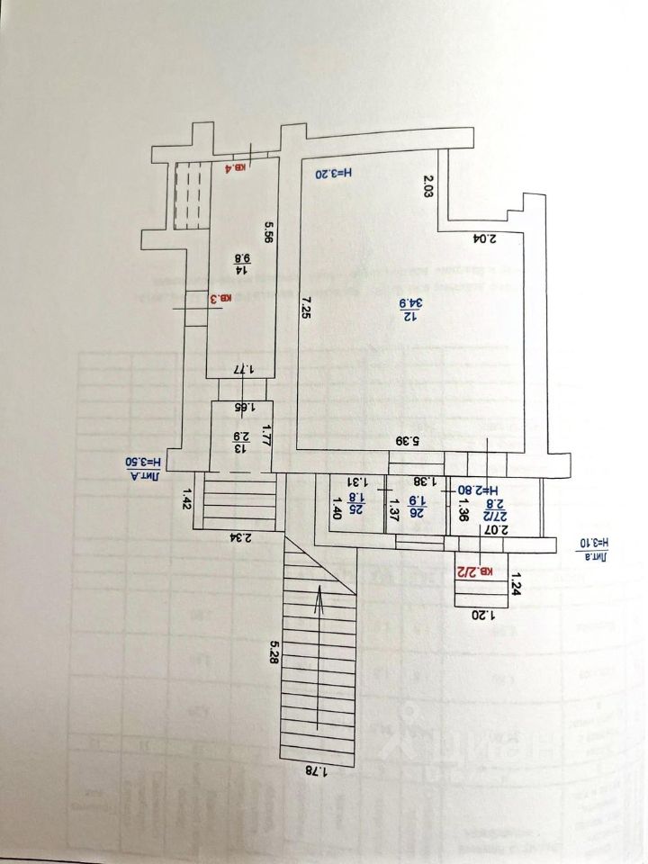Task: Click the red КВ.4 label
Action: pos(238,166)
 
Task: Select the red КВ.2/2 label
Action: pos(475,571)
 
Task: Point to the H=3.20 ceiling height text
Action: pos(333,173)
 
